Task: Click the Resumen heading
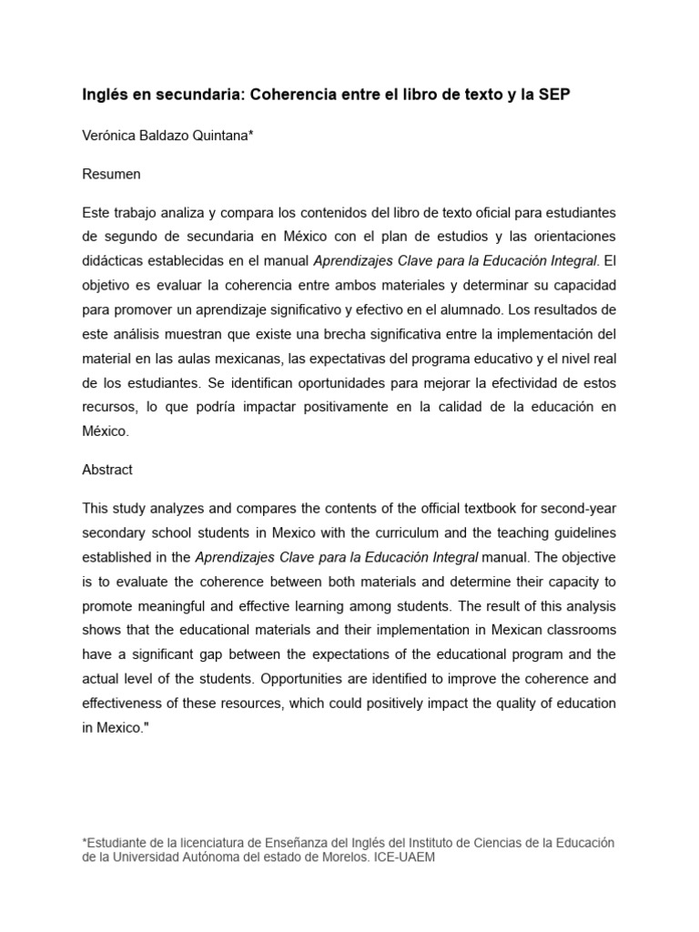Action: coord(111,173)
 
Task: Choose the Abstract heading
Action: coord(107,470)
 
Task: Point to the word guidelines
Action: coord(584,532)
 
